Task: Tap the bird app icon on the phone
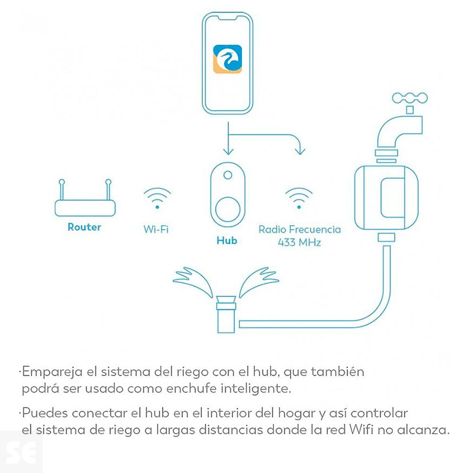coord(228,59)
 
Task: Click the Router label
coord(84,227)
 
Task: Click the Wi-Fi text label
coord(156,229)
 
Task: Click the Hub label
coord(227,241)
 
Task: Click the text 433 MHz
coord(299,243)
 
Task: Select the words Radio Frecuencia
coord(299,229)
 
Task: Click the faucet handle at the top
coord(410,98)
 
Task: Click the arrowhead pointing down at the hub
coord(228,151)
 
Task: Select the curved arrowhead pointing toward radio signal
coord(299,151)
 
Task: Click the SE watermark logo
coord(21,452)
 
